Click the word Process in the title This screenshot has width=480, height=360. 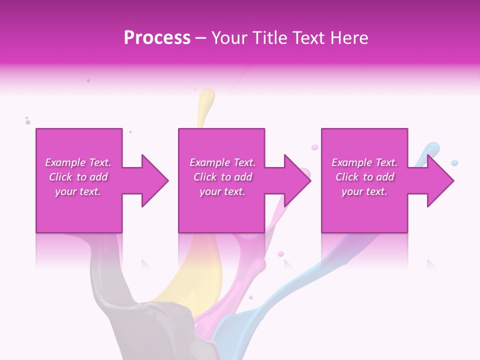pyautogui.click(x=157, y=38)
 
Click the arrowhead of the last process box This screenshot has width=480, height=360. pyautogui.click(x=439, y=180)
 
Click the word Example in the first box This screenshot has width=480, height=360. pyautogui.click(x=65, y=162)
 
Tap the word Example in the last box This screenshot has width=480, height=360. pyautogui.click(x=352, y=162)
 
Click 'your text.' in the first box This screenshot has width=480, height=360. pyautogui.click(x=78, y=191)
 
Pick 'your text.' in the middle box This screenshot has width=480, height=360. pyautogui.click(x=222, y=191)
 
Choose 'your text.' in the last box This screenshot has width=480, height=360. pyautogui.click(x=364, y=191)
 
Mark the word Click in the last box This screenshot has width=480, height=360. pyautogui.click(x=347, y=177)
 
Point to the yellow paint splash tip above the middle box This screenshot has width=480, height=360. pyautogui.click(x=206, y=96)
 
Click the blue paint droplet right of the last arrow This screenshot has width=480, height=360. pyautogui.click(x=454, y=163)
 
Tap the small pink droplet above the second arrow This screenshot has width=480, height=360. pyautogui.click(x=314, y=147)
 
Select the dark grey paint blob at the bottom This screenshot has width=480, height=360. pyautogui.click(x=160, y=325)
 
